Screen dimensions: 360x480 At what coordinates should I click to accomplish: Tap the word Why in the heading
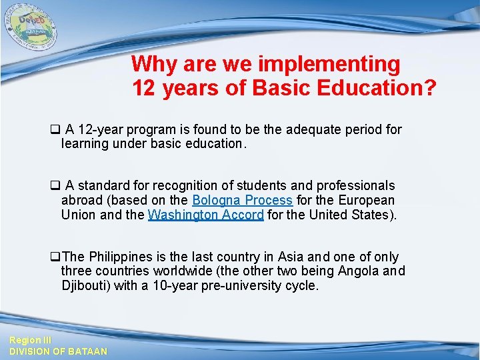[153, 65]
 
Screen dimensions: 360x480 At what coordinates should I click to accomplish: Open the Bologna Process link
[242, 200]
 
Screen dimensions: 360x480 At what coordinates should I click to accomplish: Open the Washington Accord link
[205, 215]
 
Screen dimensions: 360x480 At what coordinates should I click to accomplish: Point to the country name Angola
[359, 271]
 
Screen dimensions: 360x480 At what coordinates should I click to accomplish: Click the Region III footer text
[25, 340]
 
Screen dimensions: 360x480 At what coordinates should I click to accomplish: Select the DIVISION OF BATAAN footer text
[57, 351]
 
